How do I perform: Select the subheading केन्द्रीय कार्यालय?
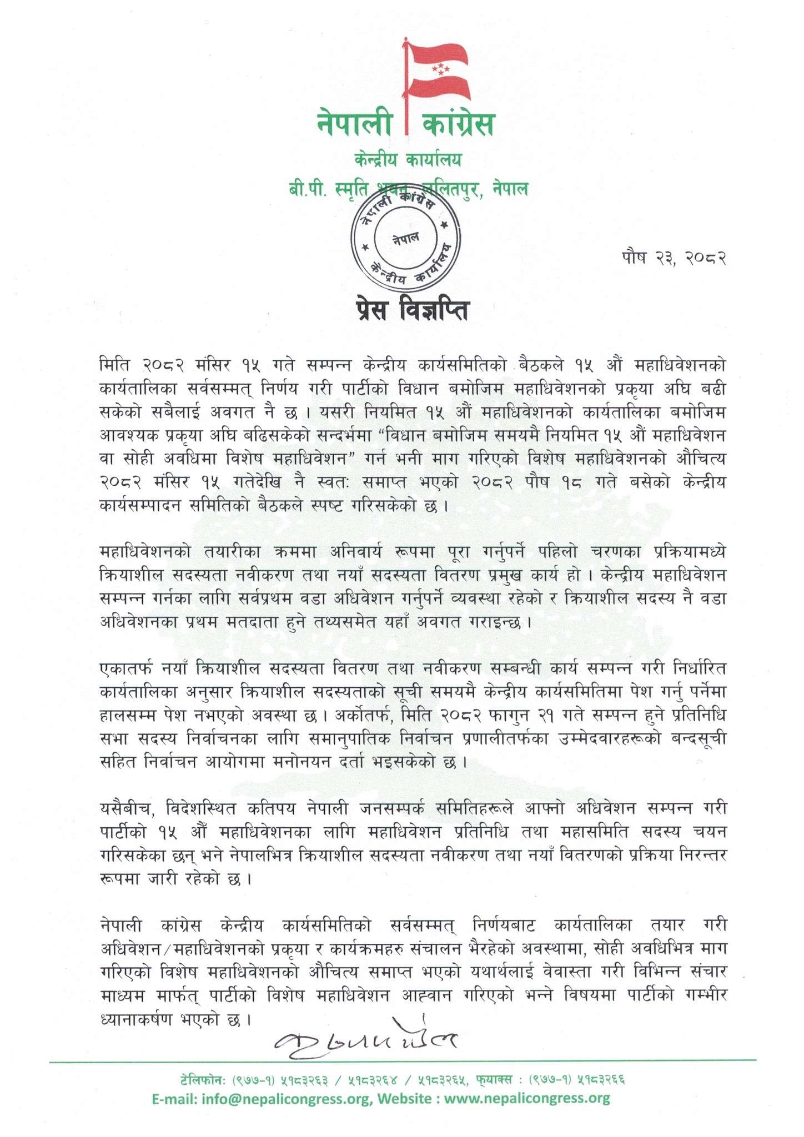coord(408,160)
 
